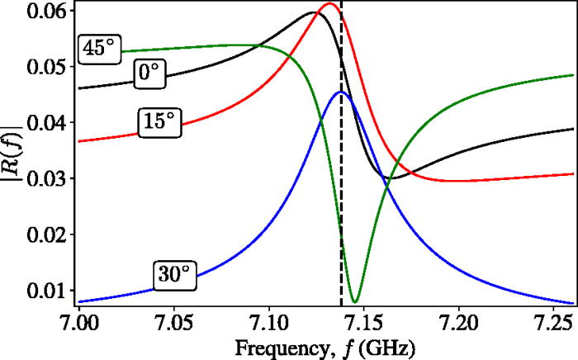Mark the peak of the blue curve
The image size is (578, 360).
coord(341,92)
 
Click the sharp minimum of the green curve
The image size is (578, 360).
coord(355,301)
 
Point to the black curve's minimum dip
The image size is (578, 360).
coord(391,178)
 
